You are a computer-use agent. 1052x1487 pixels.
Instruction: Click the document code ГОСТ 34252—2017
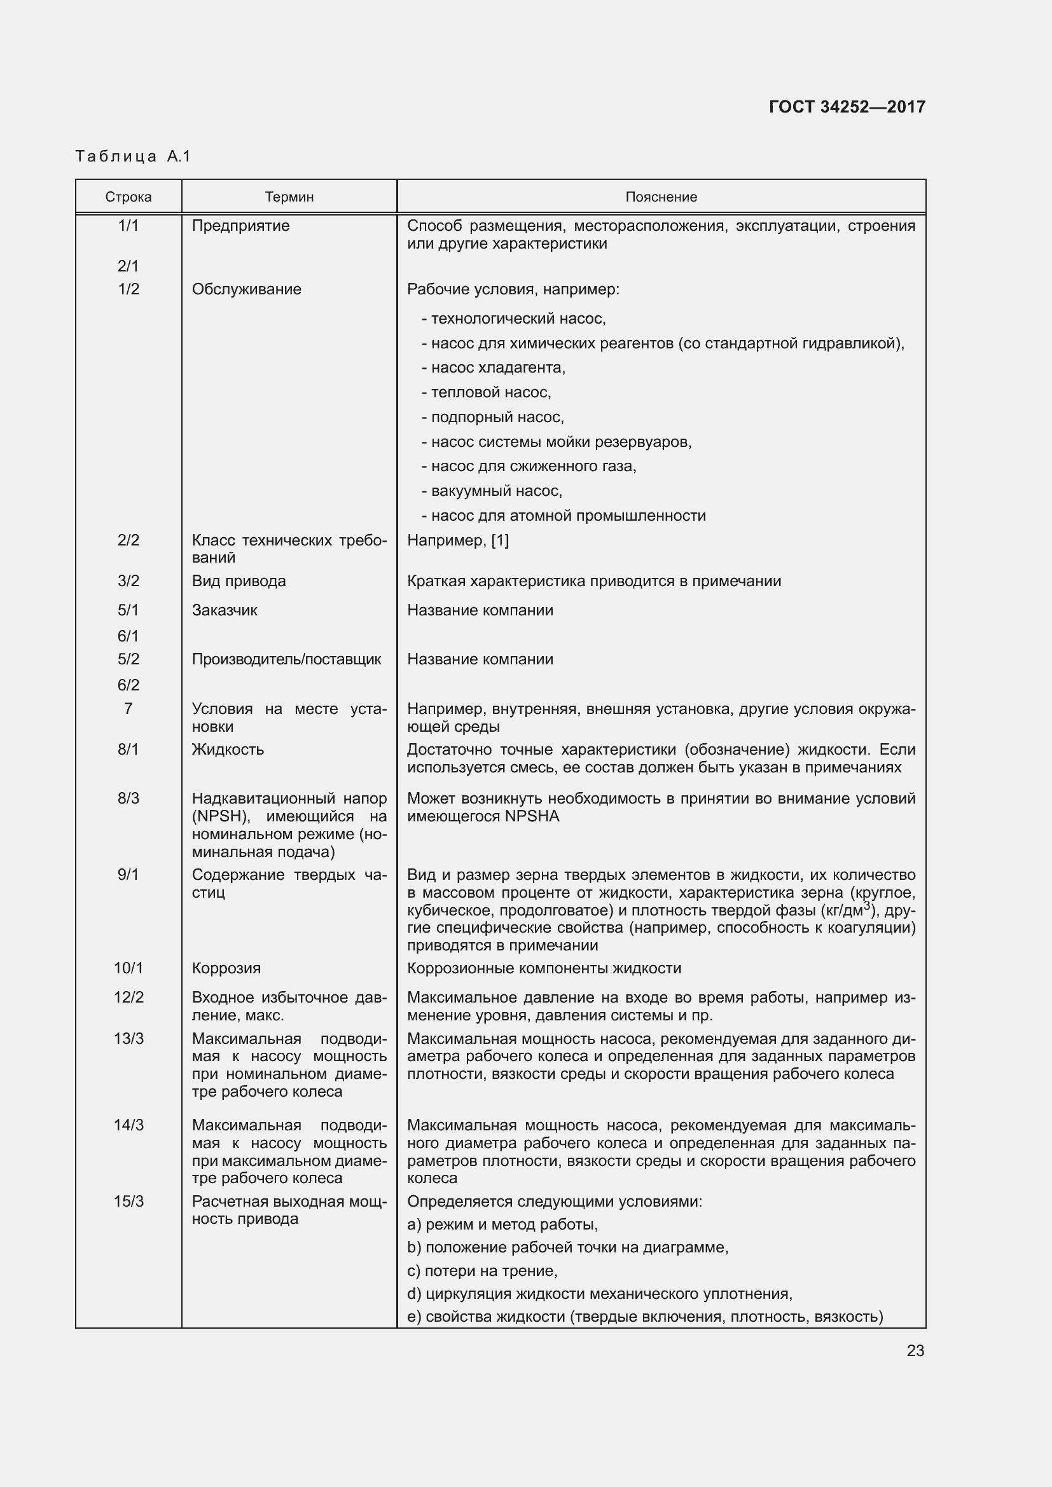(847, 107)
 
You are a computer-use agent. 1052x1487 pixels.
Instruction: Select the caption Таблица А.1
(133, 156)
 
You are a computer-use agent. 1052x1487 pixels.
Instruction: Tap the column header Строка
(128, 197)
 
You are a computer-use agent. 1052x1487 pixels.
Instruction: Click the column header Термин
(289, 197)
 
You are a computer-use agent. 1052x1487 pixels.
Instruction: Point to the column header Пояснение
(661, 197)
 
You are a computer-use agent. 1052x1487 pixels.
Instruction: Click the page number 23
(915, 1350)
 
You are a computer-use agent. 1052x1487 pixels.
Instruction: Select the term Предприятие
(240, 226)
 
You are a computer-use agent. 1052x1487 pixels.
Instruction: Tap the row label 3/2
(128, 581)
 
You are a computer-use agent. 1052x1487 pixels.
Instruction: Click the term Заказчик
(224, 610)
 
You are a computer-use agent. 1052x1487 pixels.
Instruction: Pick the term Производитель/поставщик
(286, 659)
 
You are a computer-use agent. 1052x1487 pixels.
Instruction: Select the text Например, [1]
(457, 540)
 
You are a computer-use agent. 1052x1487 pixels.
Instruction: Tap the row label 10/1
(128, 968)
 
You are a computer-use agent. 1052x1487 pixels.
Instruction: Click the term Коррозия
(226, 968)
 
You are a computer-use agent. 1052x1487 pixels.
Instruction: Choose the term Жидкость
(227, 750)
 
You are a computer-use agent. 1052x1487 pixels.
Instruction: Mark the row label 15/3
(128, 1202)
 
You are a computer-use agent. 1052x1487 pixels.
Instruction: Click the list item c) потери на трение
(482, 1271)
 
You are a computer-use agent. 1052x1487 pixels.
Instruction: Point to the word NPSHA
(532, 817)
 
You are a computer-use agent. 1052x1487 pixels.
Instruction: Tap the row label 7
(128, 708)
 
